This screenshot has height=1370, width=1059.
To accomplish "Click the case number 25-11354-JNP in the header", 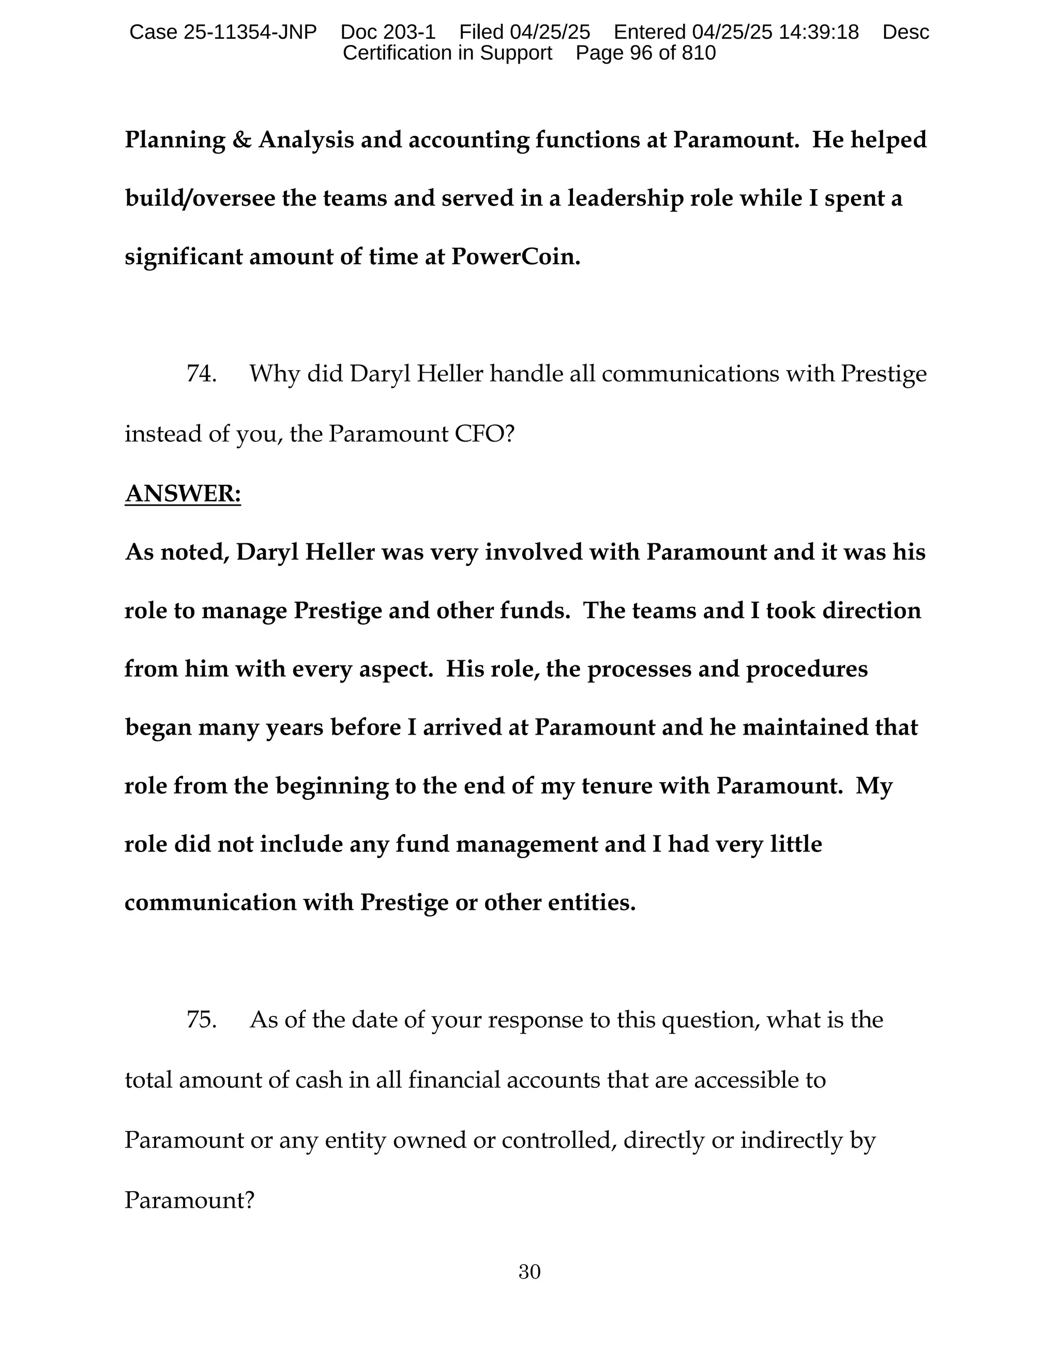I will [x=250, y=32].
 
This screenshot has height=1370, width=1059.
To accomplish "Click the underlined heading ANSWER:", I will [x=183, y=494].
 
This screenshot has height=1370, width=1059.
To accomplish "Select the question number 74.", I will [x=201, y=374].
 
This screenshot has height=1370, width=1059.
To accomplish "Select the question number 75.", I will [x=201, y=1020].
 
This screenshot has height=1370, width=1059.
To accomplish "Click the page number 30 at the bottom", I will [x=529, y=1272].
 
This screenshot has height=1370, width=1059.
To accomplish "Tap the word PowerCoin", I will [x=516, y=257].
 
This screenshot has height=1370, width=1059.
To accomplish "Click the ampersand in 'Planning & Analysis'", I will [x=241, y=140].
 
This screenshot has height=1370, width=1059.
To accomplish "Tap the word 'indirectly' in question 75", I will [x=789, y=1140].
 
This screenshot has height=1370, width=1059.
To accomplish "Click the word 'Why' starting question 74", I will [x=274, y=374].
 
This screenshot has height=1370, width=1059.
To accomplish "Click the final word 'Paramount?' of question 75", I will [x=189, y=1200].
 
